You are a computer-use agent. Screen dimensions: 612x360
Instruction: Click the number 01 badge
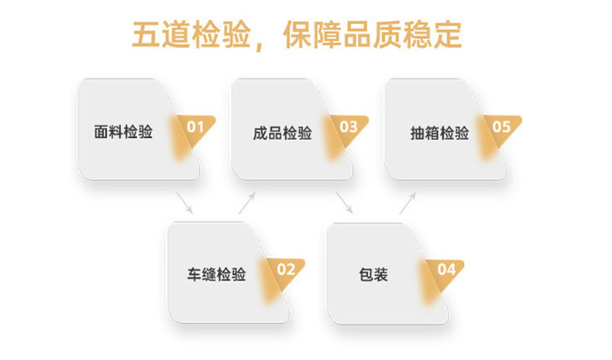[x=194, y=126]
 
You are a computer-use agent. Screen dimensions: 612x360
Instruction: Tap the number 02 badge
[x=285, y=270]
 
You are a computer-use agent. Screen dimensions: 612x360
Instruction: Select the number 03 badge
[x=348, y=126]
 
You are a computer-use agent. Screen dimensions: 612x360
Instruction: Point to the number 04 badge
[x=446, y=270]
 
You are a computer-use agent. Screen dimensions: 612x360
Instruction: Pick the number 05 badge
[x=501, y=126]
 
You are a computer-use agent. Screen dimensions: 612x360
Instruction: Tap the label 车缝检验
[x=217, y=275]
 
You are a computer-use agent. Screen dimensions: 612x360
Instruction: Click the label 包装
[x=373, y=275]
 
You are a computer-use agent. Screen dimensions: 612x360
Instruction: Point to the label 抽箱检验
[x=439, y=132]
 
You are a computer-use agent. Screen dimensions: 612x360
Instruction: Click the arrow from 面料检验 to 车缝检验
[x=184, y=203]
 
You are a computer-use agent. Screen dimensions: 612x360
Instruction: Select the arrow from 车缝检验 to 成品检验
[x=247, y=203]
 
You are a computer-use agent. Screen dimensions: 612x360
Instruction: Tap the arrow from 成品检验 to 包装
[x=345, y=203]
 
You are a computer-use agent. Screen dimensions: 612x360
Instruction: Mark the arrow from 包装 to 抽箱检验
[x=408, y=203]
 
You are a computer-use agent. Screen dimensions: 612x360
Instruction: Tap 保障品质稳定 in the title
[x=372, y=35]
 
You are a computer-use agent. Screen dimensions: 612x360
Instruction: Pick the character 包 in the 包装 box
[x=366, y=275]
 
